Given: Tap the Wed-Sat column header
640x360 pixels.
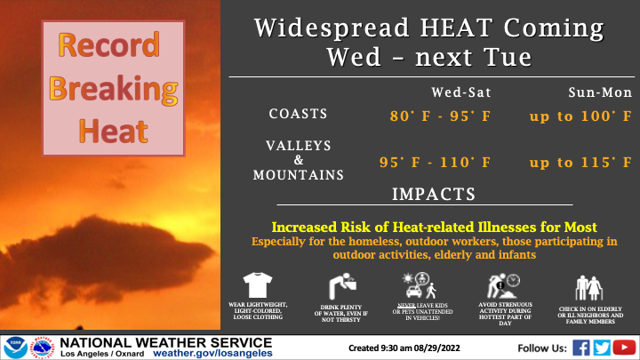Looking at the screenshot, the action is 461,92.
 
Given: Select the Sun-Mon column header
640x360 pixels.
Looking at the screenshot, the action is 600,92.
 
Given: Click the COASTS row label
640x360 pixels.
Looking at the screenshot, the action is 298,114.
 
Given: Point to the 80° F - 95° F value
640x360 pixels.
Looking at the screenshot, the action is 440,116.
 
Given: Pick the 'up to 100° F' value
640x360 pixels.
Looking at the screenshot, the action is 580,116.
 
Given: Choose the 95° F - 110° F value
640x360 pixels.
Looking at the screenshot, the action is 435,163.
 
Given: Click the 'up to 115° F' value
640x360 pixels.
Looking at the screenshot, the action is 580,163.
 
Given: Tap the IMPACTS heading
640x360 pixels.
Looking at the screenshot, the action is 434,195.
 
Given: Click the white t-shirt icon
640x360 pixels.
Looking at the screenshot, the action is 258,285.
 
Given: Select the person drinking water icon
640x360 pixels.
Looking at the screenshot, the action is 342,286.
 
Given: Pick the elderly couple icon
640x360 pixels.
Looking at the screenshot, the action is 589,288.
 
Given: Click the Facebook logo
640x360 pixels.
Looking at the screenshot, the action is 581,348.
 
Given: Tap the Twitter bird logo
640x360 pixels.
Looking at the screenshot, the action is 602,348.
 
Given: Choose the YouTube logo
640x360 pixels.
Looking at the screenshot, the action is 624,348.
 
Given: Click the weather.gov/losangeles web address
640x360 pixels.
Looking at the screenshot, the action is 212,353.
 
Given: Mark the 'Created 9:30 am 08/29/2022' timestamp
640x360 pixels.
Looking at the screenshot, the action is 404,348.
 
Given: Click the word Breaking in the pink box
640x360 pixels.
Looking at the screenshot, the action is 114,89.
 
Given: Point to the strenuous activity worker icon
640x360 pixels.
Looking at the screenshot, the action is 503,286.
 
